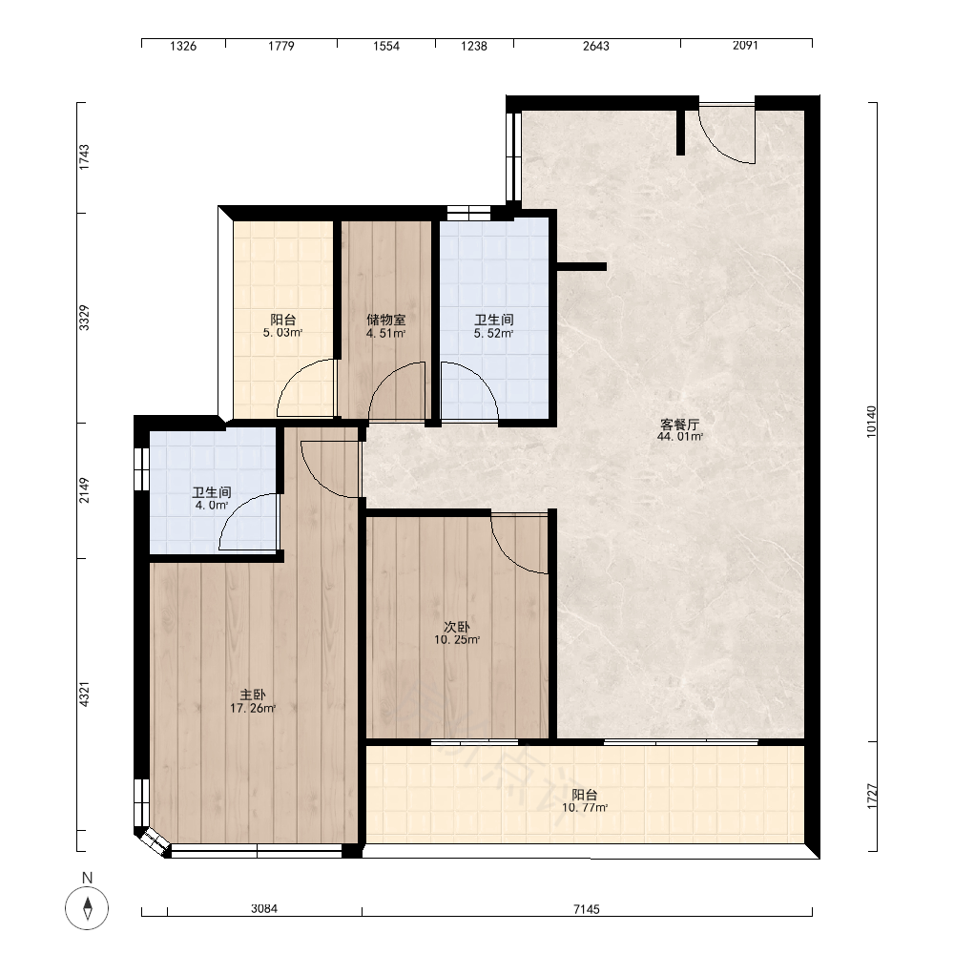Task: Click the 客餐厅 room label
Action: point(679,425)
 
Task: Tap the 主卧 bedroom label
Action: point(253,695)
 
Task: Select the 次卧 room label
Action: point(457,627)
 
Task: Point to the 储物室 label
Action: point(385,320)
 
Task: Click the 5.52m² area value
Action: point(493,333)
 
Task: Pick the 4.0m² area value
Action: point(211,505)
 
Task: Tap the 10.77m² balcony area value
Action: point(585,808)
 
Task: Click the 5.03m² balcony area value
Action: point(283,333)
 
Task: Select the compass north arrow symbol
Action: point(87,908)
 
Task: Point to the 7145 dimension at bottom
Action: point(587,909)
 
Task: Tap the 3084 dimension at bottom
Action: point(264,908)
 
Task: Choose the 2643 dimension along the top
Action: point(595,46)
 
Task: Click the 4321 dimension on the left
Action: point(85,695)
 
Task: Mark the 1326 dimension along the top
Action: point(182,46)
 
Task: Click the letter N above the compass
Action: point(87,878)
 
